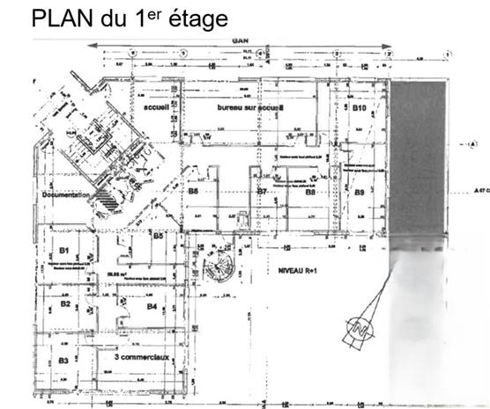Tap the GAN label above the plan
pyautogui.click(x=239, y=41)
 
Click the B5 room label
pyautogui.click(x=159, y=236)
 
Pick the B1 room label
pyautogui.click(x=64, y=250)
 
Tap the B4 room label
pyautogui.click(x=152, y=306)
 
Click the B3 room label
pyautogui.click(x=63, y=361)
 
